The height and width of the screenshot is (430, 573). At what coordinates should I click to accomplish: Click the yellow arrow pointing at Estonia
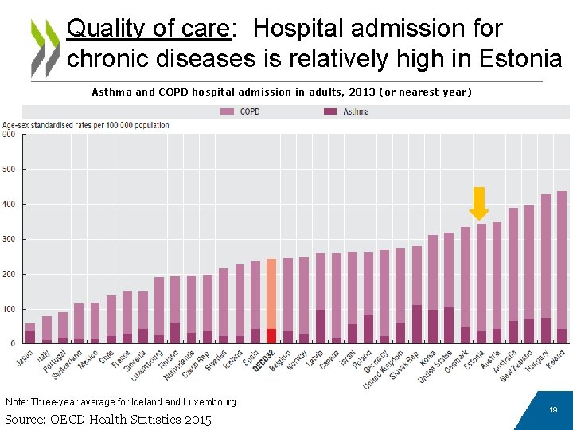click(478, 203)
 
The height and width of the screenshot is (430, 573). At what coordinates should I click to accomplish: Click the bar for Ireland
click(561, 267)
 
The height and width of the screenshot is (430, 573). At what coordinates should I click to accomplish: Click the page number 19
click(552, 409)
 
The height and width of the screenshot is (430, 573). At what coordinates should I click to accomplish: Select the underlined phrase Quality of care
click(148, 29)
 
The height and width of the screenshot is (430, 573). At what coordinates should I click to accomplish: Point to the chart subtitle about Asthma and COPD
click(282, 92)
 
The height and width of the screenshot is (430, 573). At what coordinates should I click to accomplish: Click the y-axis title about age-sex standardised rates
click(86, 125)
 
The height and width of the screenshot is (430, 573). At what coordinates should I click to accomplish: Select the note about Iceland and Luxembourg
click(122, 401)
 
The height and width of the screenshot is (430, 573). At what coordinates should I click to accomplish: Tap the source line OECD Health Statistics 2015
click(108, 419)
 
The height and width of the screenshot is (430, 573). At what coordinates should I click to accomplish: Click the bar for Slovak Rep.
click(416, 295)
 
